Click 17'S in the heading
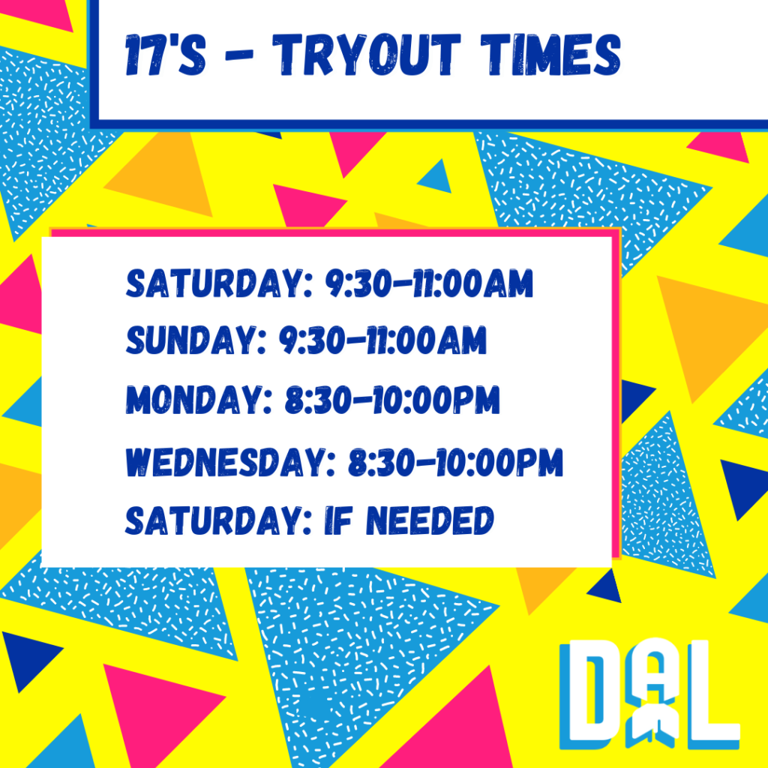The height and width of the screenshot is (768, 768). click(x=165, y=55)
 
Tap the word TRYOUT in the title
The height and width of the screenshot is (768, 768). click(x=366, y=55)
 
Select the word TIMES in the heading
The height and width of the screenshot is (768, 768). click(x=550, y=55)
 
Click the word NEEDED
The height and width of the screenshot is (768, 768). click(x=430, y=520)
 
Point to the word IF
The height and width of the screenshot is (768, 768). click(x=338, y=520)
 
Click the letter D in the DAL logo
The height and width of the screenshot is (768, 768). click(x=595, y=691)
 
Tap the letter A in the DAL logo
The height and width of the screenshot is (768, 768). click(x=654, y=691)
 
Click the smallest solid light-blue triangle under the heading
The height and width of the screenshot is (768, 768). click(x=436, y=175)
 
